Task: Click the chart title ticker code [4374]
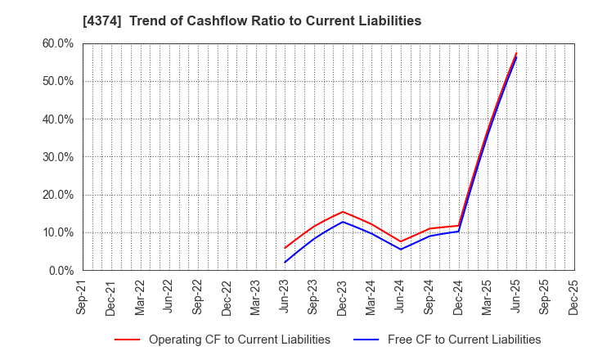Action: click(x=98, y=21)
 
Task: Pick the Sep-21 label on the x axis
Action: click(x=83, y=298)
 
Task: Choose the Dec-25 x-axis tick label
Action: click(x=574, y=298)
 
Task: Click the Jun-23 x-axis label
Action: click(x=285, y=298)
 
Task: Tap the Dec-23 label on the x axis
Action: click(x=343, y=298)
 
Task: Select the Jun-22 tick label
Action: click(x=169, y=298)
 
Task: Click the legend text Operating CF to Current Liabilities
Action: click(x=240, y=340)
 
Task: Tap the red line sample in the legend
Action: click(x=127, y=340)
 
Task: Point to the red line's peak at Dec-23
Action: click(x=343, y=212)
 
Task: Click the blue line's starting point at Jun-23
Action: click(x=285, y=263)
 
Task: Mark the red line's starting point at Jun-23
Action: click(x=285, y=248)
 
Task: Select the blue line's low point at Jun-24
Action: click(x=401, y=250)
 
